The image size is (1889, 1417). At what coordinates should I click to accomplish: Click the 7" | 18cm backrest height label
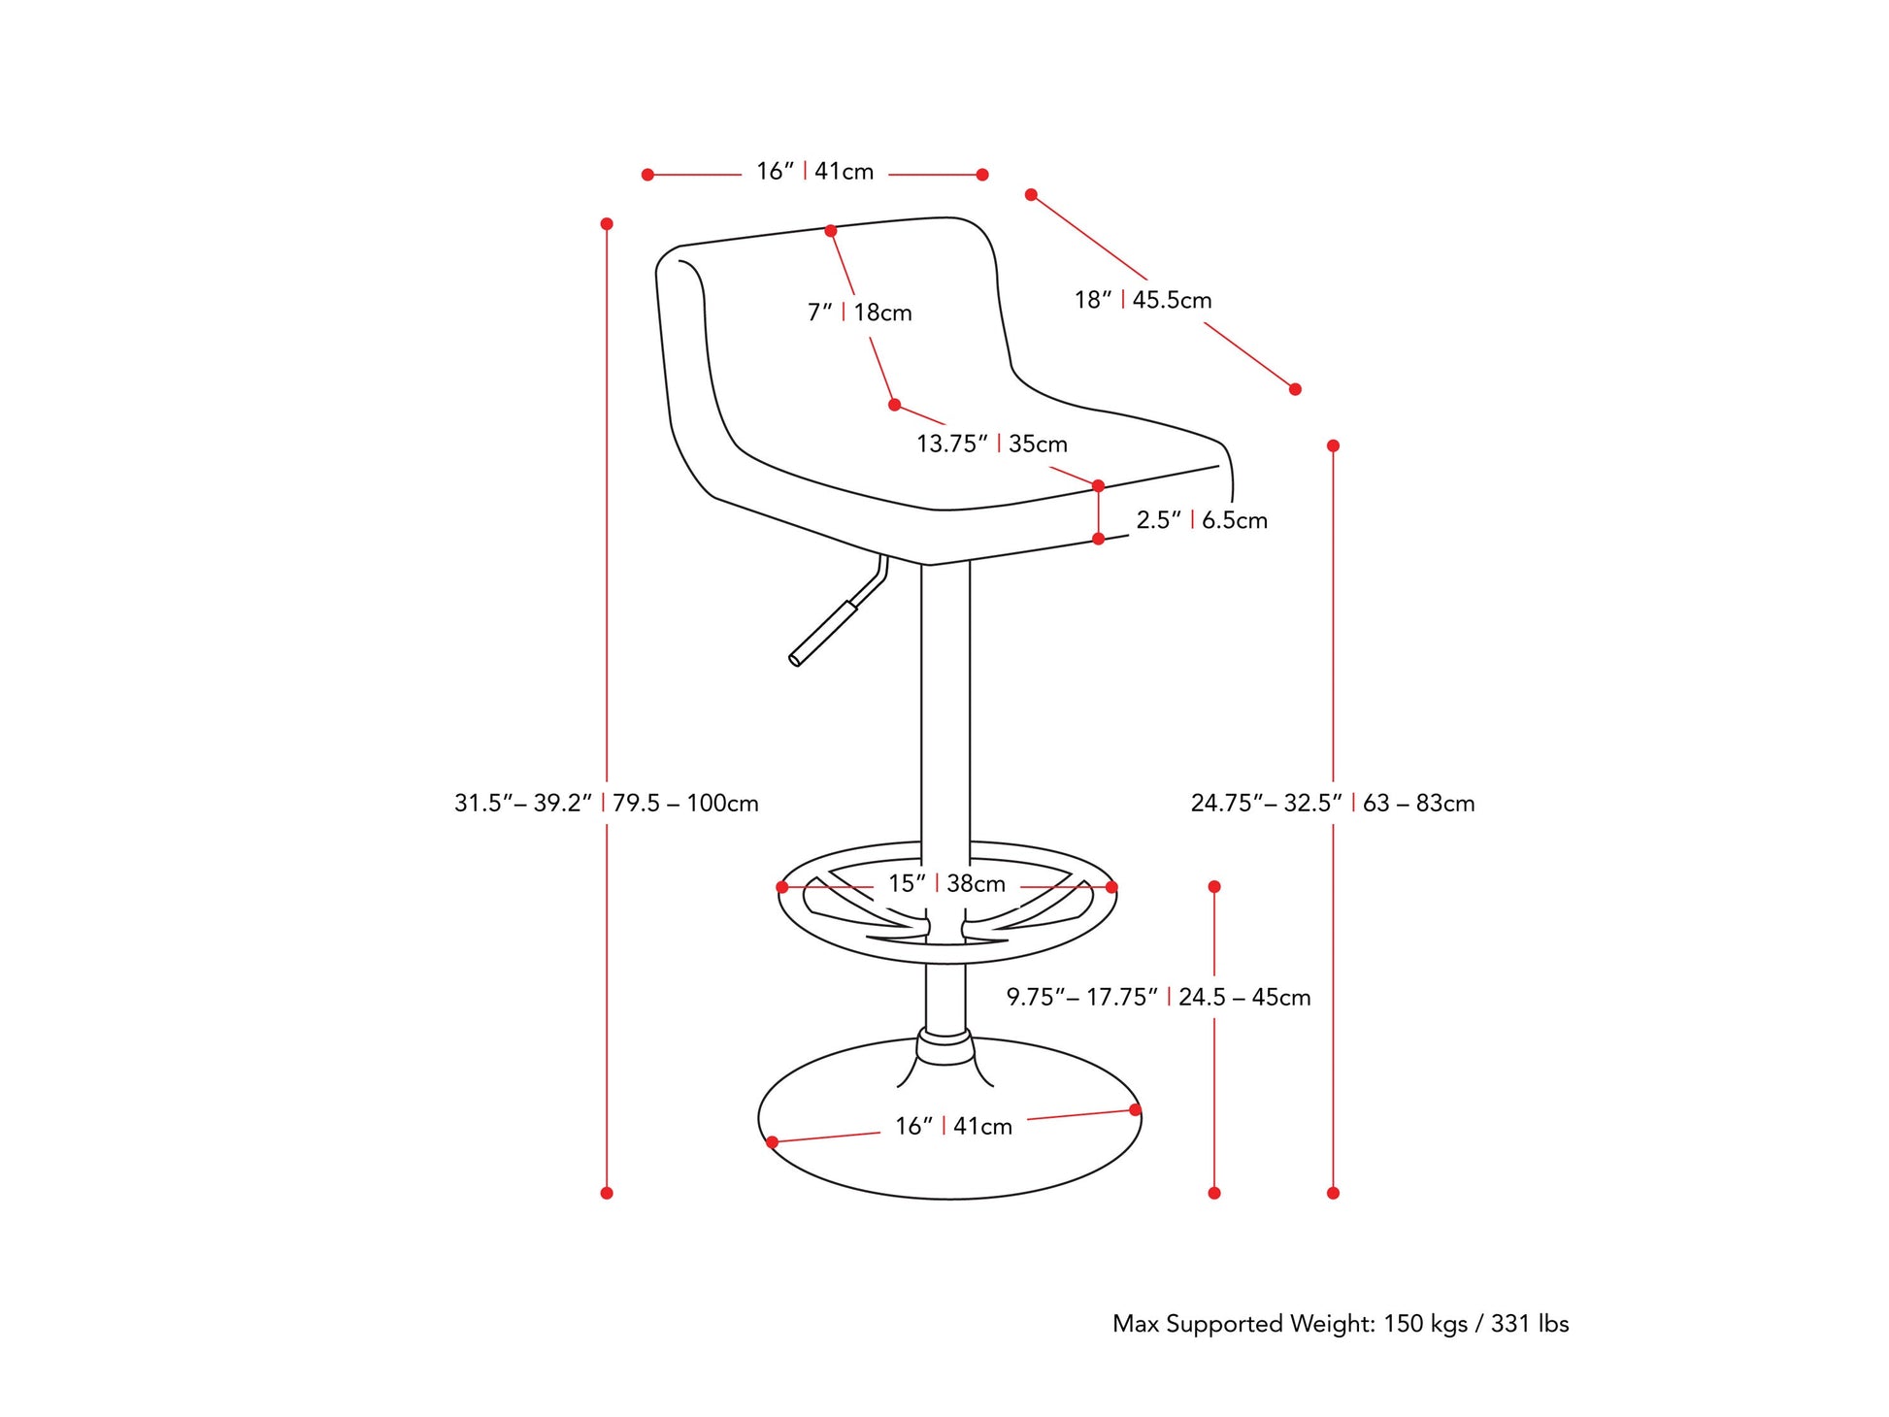pos(859,313)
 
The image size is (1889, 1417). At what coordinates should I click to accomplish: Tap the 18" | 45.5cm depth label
pos(1143,300)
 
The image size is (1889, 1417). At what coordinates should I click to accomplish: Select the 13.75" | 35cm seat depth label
pos(991,444)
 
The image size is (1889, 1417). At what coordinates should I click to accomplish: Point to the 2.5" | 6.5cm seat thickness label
pos(1202,520)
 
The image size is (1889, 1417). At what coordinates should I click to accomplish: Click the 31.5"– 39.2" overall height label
pos(523,803)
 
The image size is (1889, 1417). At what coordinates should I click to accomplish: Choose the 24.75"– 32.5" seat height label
pos(1267,803)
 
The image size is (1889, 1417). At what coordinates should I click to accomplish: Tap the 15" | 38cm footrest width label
pos(946,883)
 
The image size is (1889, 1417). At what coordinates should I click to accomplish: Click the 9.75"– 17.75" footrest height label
pos(1082,997)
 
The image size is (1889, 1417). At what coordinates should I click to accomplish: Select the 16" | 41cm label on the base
pos(953,1126)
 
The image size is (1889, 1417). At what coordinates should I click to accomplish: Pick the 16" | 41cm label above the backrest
pos(814,171)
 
